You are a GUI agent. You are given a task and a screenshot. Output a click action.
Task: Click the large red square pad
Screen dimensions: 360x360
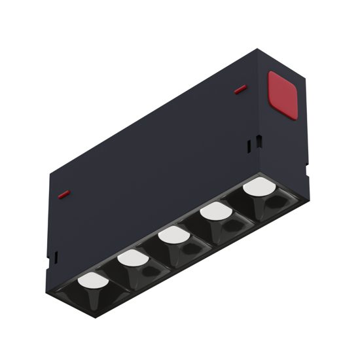(282, 95)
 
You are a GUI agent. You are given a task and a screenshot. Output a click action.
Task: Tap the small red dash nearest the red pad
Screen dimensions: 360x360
(240, 89)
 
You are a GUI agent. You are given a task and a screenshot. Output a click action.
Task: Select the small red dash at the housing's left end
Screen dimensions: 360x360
(63, 194)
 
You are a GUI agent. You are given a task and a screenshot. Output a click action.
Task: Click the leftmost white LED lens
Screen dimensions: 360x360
(93, 281)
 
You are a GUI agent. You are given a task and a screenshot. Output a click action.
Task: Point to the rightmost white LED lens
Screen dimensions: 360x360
(258, 187)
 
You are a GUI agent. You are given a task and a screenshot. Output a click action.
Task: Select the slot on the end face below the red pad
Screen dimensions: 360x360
(259, 141)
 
